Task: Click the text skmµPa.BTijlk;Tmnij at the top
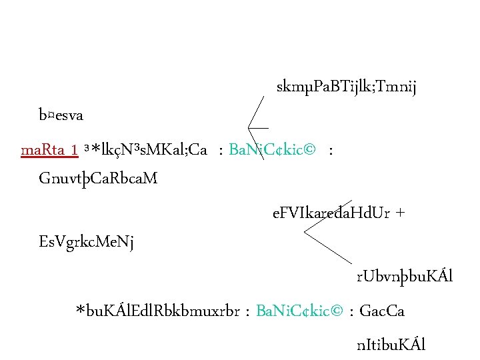(x=346, y=87)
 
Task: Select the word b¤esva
(x=61, y=115)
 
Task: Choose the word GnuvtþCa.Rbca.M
(x=99, y=179)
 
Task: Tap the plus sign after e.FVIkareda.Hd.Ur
(x=400, y=214)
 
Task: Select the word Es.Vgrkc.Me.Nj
(x=87, y=241)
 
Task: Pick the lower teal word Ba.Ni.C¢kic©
(x=300, y=311)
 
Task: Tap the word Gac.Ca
(x=386, y=311)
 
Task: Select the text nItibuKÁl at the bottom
(x=391, y=345)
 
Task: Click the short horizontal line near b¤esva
(x=258, y=127)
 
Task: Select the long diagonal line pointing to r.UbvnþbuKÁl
(x=329, y=247)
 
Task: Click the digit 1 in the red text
(x=77, y=150)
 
